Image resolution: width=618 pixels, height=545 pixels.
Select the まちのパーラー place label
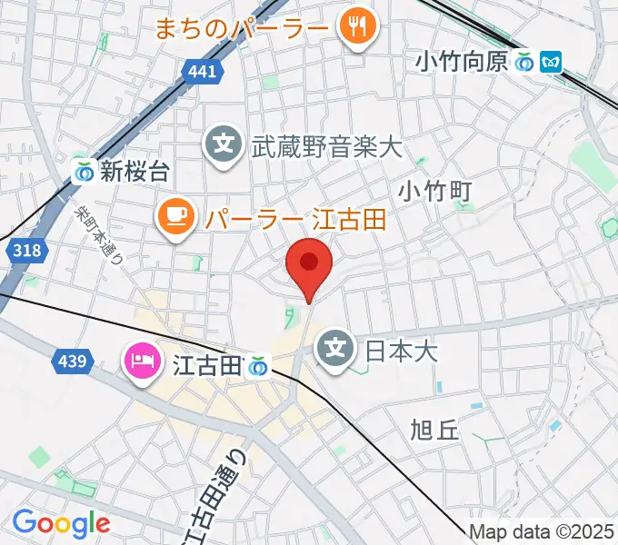(x=241, y=29)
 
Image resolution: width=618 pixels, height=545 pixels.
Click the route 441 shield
(x=204, y=72)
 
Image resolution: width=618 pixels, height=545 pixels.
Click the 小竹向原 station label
(x=462, y=62)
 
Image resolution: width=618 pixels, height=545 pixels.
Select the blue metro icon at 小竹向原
(x=550, y=62)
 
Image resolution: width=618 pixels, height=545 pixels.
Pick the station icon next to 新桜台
(x=85, y=170)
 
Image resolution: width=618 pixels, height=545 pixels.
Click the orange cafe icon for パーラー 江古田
(x=176, y=218)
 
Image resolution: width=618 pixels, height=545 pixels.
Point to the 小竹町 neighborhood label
(x=435, y=190)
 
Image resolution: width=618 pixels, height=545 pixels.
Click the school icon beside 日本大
(x=336, y=348)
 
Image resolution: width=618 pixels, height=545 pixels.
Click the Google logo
(x=61, y=522)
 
